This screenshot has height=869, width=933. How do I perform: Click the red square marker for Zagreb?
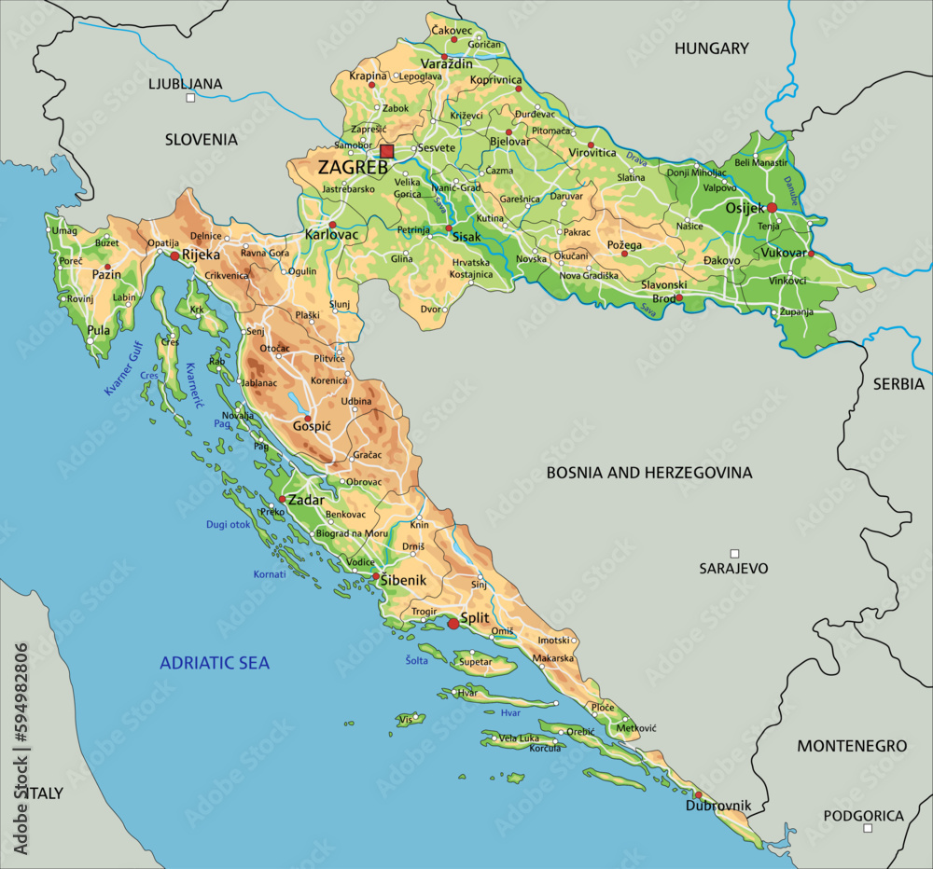pos(387,151)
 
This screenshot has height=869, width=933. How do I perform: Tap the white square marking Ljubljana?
pos(190,97)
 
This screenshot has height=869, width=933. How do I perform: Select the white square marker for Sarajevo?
pos(734,554)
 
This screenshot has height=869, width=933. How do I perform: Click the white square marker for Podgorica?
pos(868,828)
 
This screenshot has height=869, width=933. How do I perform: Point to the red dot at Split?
pos(453,623)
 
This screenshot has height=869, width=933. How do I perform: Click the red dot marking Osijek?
pos(772,208)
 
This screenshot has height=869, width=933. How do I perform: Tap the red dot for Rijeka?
pos(174,255)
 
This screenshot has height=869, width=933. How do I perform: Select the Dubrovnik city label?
pos(719,806)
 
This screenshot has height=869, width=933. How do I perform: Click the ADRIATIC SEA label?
pos(215,663)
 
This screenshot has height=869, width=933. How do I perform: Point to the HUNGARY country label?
pos(712,48)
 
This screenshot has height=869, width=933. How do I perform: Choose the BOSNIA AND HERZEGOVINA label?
pos(648,473)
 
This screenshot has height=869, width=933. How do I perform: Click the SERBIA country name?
pos(898,383)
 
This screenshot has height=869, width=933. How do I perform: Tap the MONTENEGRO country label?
pos(851,746)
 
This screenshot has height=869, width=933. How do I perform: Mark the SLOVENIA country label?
pos(202,139)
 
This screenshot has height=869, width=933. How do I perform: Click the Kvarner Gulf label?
pos(122,368)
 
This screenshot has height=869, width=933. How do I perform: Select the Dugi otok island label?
pos(229,525)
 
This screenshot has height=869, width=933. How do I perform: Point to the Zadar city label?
pos(306,500)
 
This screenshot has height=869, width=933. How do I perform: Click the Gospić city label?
pos(311,426)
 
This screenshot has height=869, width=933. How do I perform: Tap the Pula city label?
pos(98,330)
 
